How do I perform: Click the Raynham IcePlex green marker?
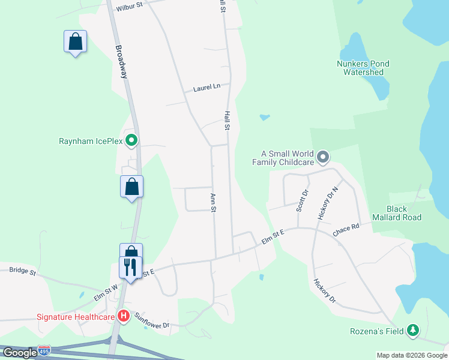coord(132,142)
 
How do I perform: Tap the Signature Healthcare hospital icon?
coord(124,316)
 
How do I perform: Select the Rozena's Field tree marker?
coord(412,331)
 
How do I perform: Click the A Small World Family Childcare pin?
coord(323,157)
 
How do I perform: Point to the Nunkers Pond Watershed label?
coord(363,68)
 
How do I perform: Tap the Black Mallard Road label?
coord(397,213)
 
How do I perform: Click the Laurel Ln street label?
coord(206,88)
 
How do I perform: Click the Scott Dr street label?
coord(303,200)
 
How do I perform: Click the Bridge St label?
coord(22,271)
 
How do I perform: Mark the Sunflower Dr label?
coord(152,321)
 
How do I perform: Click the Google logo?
coord(20,353)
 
